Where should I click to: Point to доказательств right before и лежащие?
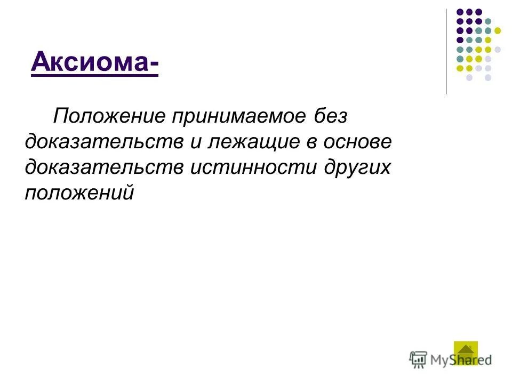97,142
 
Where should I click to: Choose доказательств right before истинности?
97,167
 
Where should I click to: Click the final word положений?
78,193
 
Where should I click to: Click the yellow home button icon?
465,353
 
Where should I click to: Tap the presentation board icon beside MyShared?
418,359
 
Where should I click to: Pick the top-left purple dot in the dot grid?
459,11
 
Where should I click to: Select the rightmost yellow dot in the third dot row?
498,30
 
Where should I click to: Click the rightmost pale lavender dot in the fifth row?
498,49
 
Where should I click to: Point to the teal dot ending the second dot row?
488,21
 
